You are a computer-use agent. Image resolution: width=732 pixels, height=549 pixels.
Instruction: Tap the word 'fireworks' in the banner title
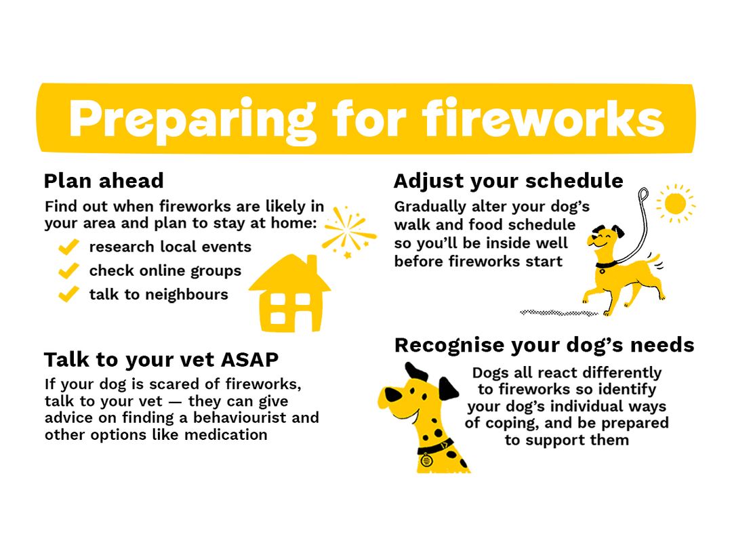pos(543,119)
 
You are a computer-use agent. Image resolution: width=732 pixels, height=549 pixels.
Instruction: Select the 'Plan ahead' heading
pos(104,182)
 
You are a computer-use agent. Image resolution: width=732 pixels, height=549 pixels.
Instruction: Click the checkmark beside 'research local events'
pos(68,247)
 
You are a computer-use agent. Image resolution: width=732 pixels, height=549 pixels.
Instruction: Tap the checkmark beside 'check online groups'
pos(68,271)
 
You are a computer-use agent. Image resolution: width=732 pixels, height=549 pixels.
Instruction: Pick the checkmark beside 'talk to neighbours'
pos(68,295)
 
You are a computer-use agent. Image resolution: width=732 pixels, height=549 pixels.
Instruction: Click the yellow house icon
pos(289,298)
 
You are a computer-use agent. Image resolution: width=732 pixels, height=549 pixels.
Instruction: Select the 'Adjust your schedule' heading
pos(508,182)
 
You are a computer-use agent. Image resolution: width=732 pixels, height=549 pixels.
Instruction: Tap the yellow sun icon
pos(675,203)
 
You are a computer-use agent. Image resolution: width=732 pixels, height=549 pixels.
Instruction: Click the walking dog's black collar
pos(605,264)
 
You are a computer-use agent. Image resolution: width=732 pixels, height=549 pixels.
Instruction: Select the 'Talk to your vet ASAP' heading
pos(161,359)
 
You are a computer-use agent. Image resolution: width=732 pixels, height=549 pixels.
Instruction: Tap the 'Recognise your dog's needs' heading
pos(544,346)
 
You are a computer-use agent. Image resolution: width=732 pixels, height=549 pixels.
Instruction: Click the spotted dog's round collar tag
pos(426,460)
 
